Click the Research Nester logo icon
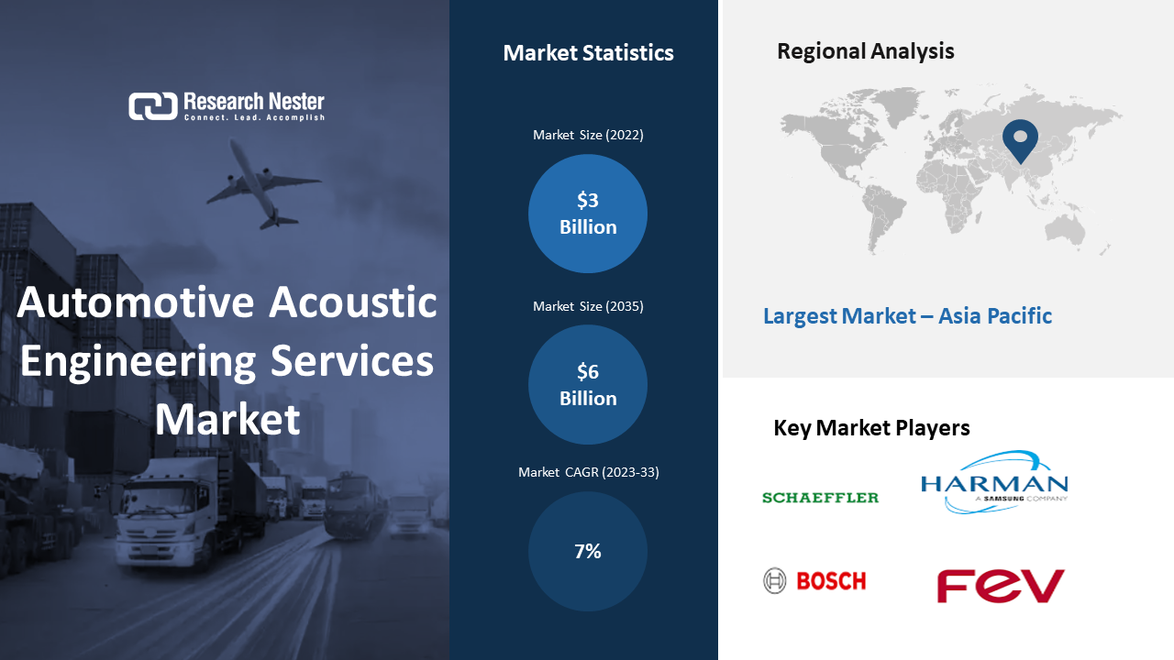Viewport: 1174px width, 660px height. click(153, 106)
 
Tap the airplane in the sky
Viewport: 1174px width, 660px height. click(262, 183)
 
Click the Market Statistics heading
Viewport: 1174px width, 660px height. click(588, 53)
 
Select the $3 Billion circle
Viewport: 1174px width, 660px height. click(588, 214)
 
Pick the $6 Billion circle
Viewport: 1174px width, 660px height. click(588, 384)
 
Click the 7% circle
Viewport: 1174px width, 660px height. click(588, 551)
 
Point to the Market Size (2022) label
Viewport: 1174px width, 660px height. click(588, 135)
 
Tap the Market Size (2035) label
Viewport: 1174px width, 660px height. click(588, 306)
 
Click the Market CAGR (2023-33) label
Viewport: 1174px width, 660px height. click(589, 472)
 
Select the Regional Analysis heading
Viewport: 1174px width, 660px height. click(865, 51)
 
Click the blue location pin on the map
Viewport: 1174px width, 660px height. click(1020, 139)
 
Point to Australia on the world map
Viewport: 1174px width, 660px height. click(1065, 229)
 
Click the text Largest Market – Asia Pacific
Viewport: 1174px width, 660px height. click(907, 316)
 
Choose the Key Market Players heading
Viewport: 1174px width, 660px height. click(871, 428)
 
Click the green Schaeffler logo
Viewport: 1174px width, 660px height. click(820, 498)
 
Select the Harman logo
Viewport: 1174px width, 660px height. click(994, 482)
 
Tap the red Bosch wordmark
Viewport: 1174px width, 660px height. click(831, 581)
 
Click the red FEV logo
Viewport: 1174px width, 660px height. click(1001, 586)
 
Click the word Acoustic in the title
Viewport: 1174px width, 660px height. click(353, 302)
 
